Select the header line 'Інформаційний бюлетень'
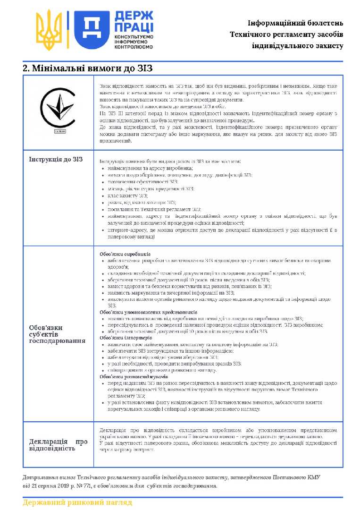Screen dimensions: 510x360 coord(295,23)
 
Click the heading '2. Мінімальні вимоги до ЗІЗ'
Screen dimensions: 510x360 coord(88,68)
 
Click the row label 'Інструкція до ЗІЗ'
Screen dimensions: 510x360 coord(56,159)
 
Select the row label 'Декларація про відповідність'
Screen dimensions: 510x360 coord(59,445)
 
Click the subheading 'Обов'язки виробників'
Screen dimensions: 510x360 coord(125,254)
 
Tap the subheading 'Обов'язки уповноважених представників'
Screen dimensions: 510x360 coord(148,312)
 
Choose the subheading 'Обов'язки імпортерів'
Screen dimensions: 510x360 coord(126,338)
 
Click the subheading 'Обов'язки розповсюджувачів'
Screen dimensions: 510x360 coord(134,377)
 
